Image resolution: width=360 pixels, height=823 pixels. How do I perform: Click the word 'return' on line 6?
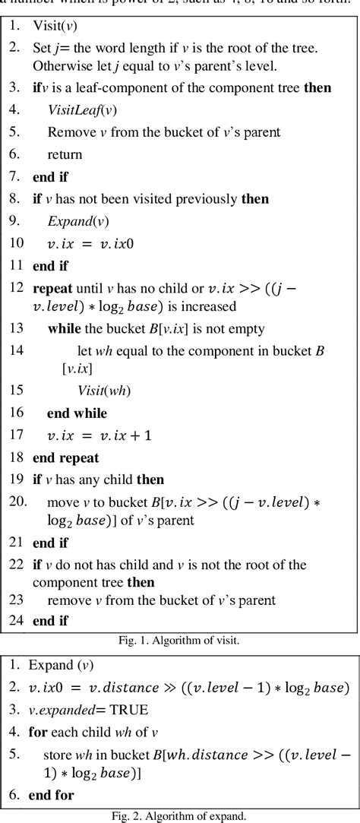pos(65,154)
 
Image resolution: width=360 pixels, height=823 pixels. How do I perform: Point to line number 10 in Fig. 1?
pos(15,243)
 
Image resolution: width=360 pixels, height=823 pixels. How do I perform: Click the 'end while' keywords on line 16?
pos(77,413)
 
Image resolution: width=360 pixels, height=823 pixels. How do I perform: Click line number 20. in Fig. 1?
pos(17,502)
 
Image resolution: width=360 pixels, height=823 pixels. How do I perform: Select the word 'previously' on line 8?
pos(203,199)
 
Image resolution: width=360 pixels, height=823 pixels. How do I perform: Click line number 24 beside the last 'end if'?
pos(15,621)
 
